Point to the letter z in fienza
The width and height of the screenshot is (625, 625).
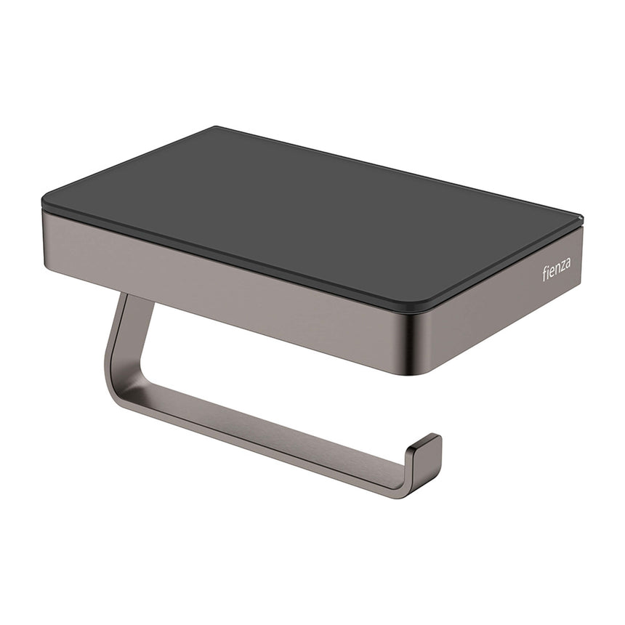562,267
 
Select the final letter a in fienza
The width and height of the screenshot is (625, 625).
568,264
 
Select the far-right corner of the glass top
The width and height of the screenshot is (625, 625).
579,217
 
